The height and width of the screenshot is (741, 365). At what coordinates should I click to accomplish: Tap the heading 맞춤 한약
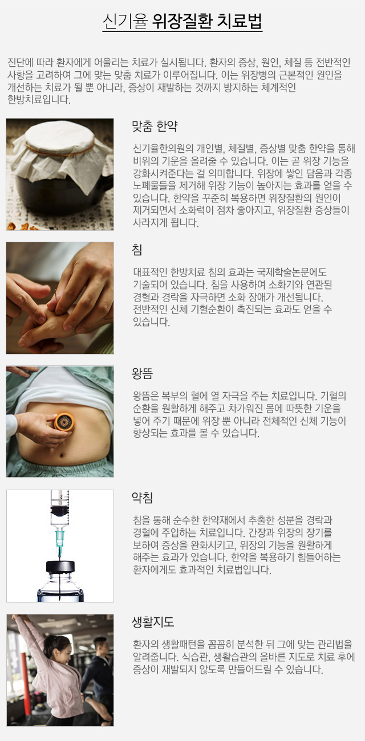pos(155,126)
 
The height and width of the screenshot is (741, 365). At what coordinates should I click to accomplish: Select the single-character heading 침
pos(137,250)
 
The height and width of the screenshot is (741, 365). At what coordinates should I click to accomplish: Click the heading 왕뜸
pos(143,373)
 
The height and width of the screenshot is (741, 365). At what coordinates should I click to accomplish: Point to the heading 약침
pos(143,498)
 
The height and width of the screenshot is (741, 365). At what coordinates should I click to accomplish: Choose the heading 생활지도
pos(153,621)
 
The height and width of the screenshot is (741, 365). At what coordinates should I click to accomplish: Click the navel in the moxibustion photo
pos(61,456)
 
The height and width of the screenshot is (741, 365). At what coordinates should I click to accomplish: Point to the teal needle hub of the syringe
pos(59,538)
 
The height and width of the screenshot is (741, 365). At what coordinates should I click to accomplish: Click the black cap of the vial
pos(60,567)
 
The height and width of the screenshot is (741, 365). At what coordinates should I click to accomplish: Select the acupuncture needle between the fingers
pos(55,295)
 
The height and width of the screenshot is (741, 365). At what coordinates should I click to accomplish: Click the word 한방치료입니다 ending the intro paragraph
pos(39,100)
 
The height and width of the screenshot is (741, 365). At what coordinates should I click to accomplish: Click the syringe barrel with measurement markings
pos(60,507)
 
